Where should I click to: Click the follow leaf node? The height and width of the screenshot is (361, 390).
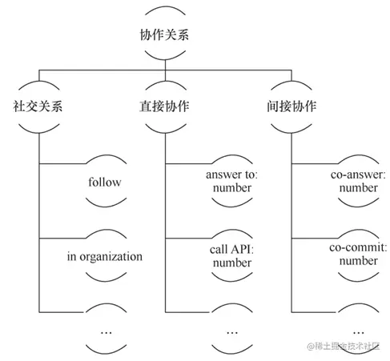click(x=104, y=182)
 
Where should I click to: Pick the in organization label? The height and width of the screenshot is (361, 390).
click(x=104, y=257)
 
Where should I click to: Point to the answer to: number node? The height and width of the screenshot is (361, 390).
click(x=228, y=182)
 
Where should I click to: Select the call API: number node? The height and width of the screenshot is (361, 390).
click(x=228, y=257)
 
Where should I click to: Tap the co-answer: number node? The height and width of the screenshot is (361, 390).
click(x=357, y=182)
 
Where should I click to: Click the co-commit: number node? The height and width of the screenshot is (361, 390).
click(x=357, y=257)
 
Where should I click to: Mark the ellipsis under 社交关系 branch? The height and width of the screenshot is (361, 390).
click(x=104, y=330)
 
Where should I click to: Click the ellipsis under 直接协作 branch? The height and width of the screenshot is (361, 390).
click(x=231, y=330)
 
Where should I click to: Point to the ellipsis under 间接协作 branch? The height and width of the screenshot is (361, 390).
click(x=357, y=330)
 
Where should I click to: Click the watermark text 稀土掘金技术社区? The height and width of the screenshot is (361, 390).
click(x=347, y=346)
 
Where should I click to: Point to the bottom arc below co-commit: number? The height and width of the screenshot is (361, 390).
click(x=357, y=280)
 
